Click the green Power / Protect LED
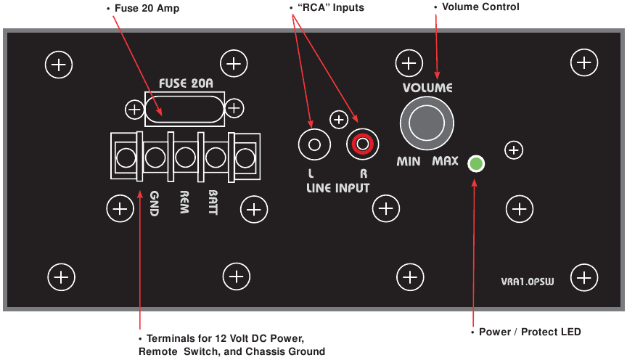point(475,164)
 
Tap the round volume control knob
point(427,123)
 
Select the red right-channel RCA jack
point(362,144)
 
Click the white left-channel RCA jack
point(314,144)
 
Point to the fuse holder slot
point(184,110)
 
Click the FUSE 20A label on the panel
point(186,83)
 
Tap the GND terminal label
point(154,201)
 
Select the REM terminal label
point(184,201)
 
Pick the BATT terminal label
point(213,201)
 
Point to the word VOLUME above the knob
point(427,88)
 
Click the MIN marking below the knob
point(409,161)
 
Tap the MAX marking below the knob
point(445,161)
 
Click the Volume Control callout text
point(480,7)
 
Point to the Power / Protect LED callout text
point(530,332)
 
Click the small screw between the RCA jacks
point(338,120)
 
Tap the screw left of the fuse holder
point(134,110)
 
